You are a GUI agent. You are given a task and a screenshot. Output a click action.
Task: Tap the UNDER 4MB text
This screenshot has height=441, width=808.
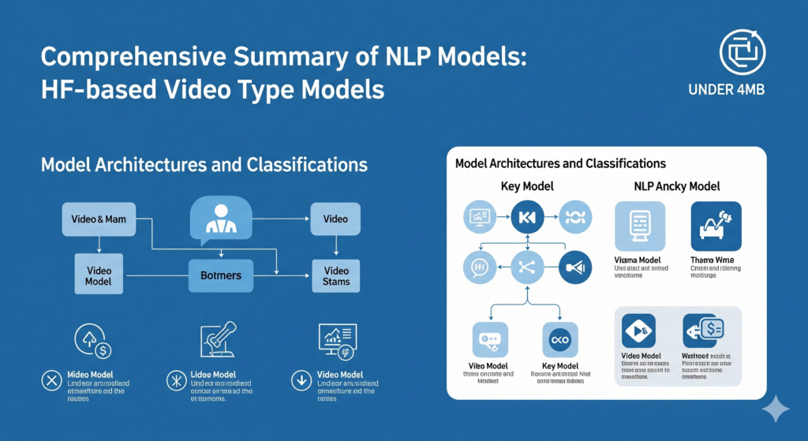click(x=742, y=89)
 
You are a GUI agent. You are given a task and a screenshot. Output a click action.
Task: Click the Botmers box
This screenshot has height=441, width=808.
click(x=221, y=275)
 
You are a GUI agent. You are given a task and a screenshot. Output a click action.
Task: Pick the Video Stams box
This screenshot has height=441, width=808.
click(x=335, y=275)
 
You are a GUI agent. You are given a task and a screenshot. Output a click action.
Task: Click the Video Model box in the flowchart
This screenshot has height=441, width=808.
click(x=99, y=275)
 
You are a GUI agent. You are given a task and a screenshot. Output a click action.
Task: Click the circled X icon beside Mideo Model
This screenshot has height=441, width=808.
click(x=51, y=381)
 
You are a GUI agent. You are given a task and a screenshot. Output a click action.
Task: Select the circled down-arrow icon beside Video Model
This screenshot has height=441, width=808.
click(x=301, y=381)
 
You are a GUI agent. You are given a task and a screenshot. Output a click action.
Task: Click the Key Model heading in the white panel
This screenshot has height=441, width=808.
click(x=527, y=187)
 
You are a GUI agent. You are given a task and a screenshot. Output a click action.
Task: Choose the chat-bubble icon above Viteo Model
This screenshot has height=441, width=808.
click(x=486, y=339)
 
